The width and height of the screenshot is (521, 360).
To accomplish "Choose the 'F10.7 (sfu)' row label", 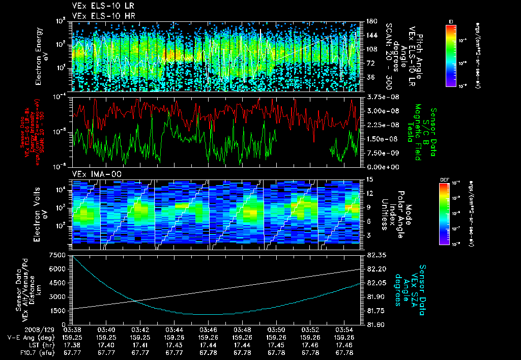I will [x=29, y=352].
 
